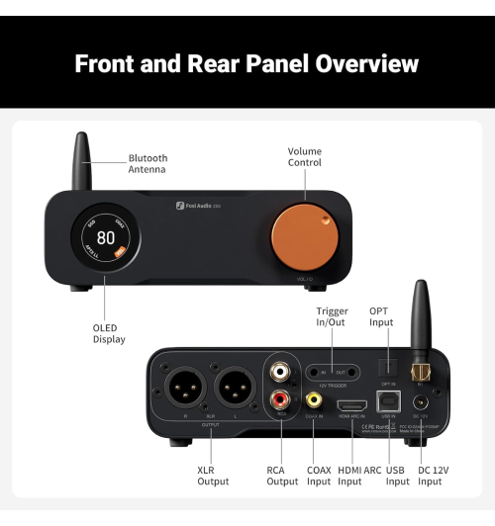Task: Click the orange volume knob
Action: point(305,238)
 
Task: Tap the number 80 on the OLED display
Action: point(103,238)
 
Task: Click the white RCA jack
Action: point(282,374)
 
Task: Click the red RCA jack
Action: point(282,400)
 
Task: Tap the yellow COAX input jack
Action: point(316,401)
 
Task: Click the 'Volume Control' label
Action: point(305,156)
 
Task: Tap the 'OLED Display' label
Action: point(109,333)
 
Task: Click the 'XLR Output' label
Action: point(213,476)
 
